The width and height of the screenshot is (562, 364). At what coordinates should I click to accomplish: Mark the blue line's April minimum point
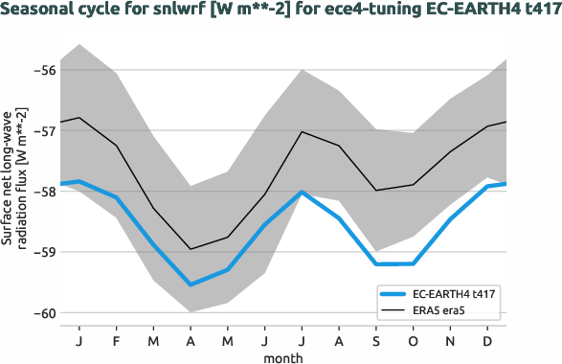click(x=191, y=284)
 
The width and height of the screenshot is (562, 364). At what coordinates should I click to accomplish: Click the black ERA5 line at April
click(x=191, y=249)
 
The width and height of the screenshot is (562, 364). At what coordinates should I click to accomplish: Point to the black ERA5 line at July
click(x=303, y=131)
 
